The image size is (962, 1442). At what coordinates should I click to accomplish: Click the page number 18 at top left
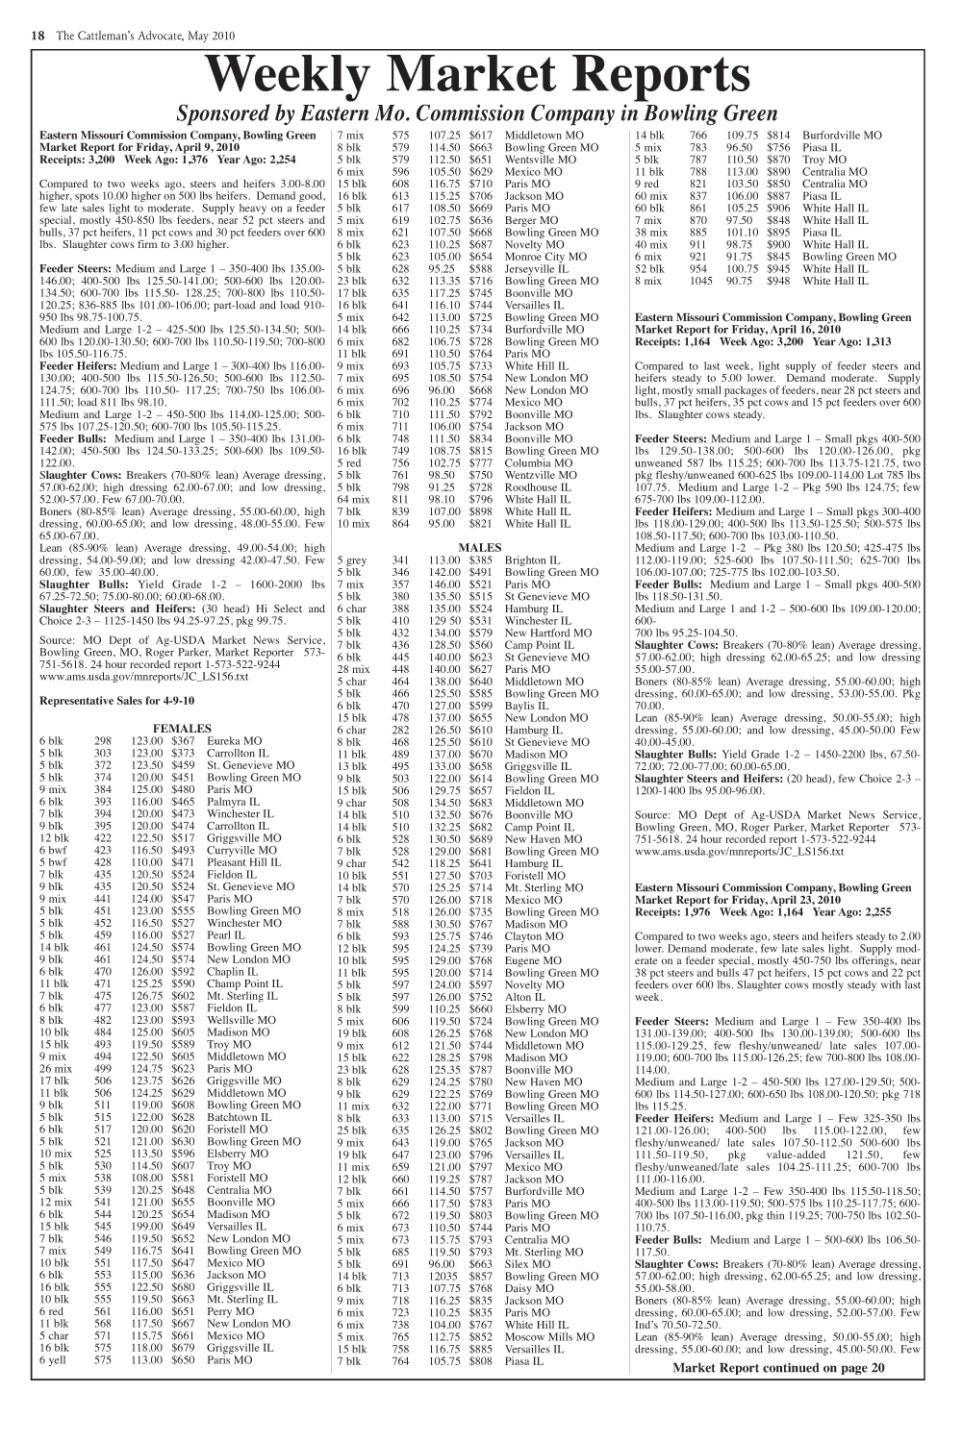click(38, 36)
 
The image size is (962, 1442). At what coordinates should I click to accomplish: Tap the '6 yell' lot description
click(52, 1360)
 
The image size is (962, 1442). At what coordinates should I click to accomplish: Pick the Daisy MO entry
click(527, 1288)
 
